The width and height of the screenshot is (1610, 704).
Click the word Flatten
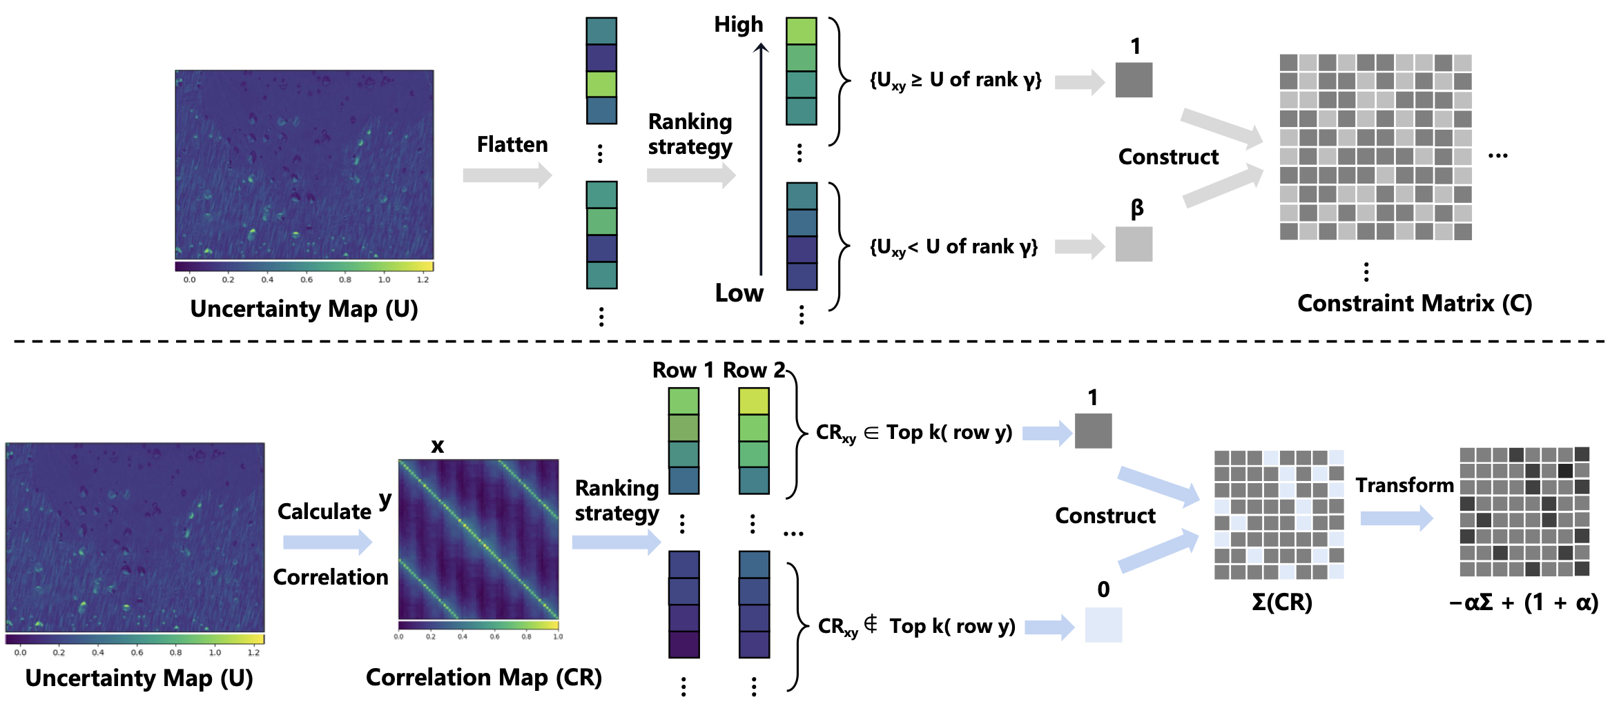pos(512,144)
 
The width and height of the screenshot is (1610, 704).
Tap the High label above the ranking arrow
pos(738,25)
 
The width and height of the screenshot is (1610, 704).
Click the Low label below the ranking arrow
pos(739,293)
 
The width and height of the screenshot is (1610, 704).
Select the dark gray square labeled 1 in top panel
pos(1134,80)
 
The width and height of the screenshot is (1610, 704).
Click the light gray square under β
pos(1134,244)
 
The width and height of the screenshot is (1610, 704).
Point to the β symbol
pos(1136,208)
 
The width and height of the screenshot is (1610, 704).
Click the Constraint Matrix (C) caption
pos(1414,304)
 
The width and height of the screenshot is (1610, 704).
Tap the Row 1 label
pos(682,371)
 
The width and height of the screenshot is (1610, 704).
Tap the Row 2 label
pos(753,371)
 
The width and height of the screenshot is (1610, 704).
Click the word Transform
pos(1404,485)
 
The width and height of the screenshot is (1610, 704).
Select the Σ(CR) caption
pos(1281,603)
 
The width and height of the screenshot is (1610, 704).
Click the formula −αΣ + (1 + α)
pos(1524,603)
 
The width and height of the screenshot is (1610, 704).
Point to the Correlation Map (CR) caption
pos(483,678)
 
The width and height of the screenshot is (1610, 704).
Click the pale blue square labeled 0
pos(1103,625)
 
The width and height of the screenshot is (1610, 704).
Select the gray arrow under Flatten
pos(507,175)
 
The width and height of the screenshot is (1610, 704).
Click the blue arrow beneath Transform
pos(1396,518)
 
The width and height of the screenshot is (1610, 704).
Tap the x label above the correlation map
pos(437,446)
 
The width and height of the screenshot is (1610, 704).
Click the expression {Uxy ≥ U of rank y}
pos(955,81)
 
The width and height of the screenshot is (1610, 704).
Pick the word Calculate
pos(324,511)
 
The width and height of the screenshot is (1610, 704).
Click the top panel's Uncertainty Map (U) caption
pos(304,309)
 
